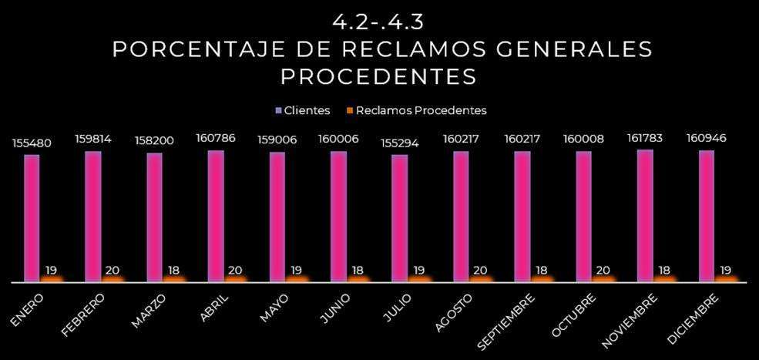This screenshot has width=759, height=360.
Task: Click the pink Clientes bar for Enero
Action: [32, 217]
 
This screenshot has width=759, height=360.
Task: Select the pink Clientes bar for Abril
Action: [216, 215]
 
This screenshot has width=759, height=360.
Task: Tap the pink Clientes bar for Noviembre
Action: [645, 215]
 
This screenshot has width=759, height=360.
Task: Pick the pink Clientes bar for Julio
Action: [399, 217]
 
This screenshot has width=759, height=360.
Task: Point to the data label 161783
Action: [645, 138]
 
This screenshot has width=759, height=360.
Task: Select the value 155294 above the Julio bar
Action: [399, 143]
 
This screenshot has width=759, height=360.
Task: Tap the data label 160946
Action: [707, 139]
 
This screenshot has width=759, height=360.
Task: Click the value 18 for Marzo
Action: [175, 270]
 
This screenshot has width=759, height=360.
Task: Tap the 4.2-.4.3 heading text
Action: [378, 21]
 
